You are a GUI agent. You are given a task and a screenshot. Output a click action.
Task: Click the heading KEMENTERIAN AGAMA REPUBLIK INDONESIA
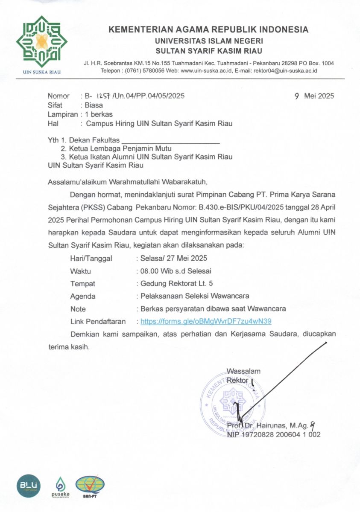208,30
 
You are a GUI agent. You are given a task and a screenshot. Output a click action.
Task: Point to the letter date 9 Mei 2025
314,96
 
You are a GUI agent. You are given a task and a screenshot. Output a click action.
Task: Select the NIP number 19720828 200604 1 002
273,434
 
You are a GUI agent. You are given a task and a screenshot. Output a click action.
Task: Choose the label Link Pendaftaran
98,321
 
